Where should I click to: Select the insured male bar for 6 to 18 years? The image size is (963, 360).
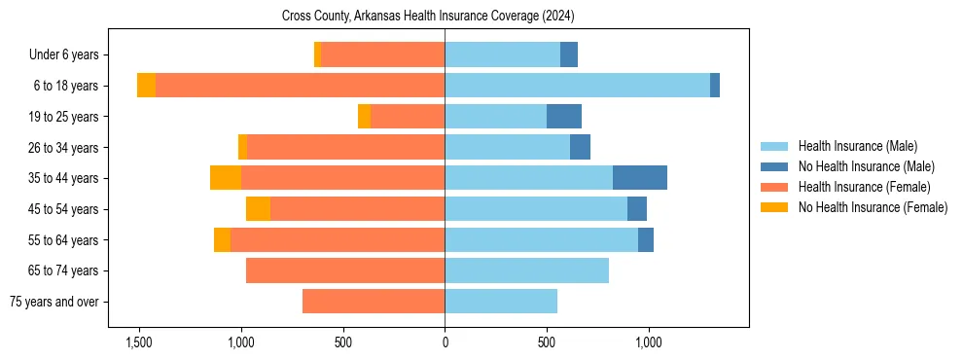pos(577,86)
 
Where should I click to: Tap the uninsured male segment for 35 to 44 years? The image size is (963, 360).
pos(640,178)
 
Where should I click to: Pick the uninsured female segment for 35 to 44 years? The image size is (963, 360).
pos(226,178)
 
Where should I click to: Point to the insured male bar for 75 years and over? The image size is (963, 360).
pos(501,302)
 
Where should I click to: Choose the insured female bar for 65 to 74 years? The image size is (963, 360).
pos(345,270)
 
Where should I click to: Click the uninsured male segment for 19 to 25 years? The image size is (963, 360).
pos(564,117)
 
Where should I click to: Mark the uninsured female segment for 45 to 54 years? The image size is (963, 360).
pos(258,209)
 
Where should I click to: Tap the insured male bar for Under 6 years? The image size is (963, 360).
pos(502,54)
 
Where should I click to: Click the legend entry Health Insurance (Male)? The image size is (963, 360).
pos(857,146)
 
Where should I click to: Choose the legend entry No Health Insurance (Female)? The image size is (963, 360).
pos(873,207)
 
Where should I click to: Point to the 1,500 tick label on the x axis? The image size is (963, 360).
pos(139,342)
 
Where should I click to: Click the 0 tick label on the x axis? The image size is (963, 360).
pos(445,342)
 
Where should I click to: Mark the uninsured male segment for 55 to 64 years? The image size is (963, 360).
pos(646,239)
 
